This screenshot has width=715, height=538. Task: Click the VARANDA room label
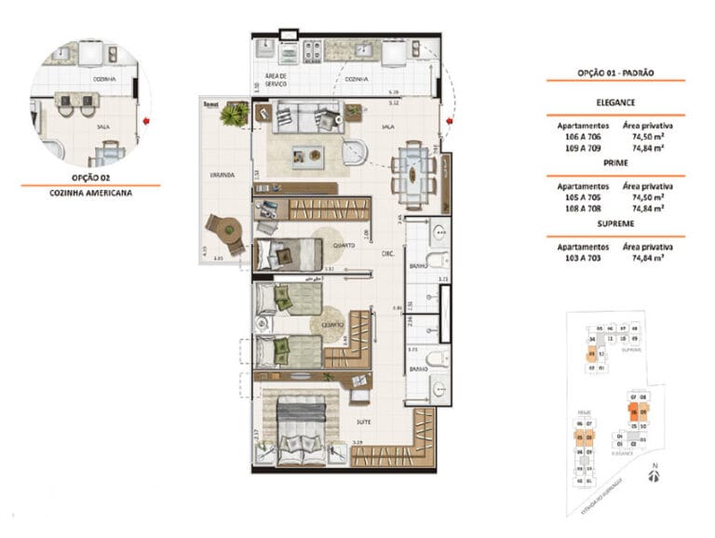(x=221, y=174)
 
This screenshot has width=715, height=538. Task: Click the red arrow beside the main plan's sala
(x=448, y=121)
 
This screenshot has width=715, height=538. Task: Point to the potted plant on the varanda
(x=234, y=114)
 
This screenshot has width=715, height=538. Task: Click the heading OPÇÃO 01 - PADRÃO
(x=614, y=72)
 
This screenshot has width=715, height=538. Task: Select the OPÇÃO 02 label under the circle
(x=90, y=176)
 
